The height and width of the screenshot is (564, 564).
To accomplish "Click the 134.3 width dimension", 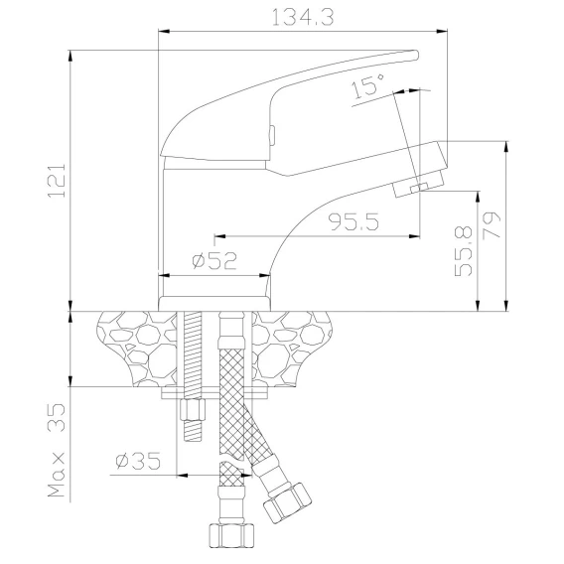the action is pos(303,17).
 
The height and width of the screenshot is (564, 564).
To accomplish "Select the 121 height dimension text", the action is pos(57,181).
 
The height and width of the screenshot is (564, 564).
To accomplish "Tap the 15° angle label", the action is pos(367,85).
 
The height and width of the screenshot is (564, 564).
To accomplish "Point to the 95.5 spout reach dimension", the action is pos(353,222).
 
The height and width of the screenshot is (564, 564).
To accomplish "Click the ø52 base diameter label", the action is pos(214,261).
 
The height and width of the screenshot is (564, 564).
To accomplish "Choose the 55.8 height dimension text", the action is pos(464,251).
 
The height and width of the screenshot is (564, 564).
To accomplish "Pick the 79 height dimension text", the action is pos(492,225).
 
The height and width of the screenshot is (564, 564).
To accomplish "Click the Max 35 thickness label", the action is pos(57,451).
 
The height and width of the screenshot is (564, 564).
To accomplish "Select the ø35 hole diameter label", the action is pos(138,460).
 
